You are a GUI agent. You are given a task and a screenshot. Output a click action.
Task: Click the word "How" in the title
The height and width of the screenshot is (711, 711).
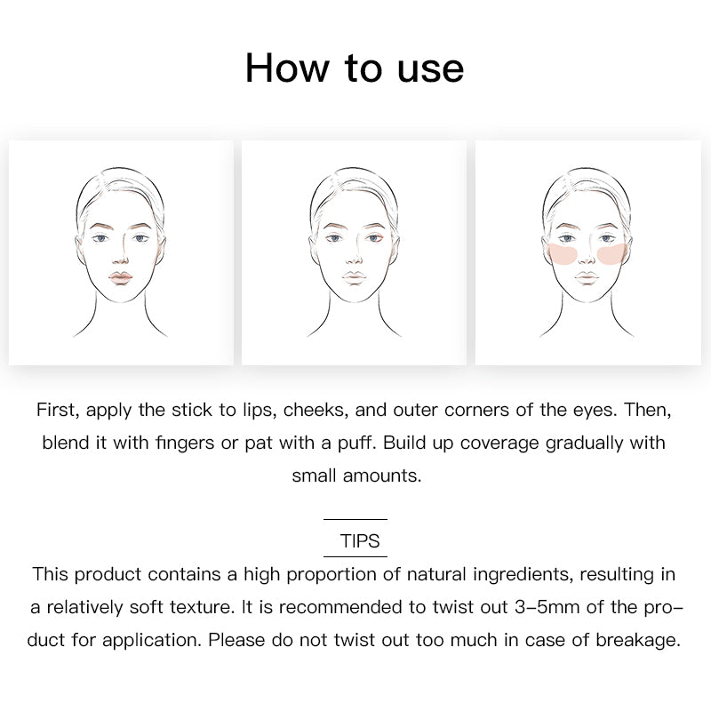click(286, 68)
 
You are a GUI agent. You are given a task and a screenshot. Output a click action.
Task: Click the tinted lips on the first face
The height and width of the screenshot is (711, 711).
click(120, 277)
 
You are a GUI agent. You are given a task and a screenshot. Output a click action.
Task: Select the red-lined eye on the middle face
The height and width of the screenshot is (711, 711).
click(374, 238)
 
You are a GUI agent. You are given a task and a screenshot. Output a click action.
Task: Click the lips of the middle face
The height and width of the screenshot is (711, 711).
click(354, 277)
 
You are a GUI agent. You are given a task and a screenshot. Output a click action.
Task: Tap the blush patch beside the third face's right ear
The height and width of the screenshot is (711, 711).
click(611, 253)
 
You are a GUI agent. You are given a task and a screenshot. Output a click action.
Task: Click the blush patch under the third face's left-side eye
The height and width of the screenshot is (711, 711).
click(563, 253)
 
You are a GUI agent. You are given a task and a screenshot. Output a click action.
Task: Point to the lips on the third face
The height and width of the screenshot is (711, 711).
click(587, 277)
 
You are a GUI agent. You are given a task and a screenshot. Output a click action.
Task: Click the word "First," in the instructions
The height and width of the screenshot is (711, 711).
click(58, 410)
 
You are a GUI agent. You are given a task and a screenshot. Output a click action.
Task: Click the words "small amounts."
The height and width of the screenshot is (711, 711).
click(356, 475)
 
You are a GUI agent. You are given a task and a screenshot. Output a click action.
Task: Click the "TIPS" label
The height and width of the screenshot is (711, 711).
click(360, 540)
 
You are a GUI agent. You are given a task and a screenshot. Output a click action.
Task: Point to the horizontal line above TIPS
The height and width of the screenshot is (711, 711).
click(355, 519)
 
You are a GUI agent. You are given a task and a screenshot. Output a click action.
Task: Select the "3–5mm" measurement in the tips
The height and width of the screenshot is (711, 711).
click(547, 607)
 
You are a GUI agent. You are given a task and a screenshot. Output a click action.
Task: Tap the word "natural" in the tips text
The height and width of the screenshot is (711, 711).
click(436, 574)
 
